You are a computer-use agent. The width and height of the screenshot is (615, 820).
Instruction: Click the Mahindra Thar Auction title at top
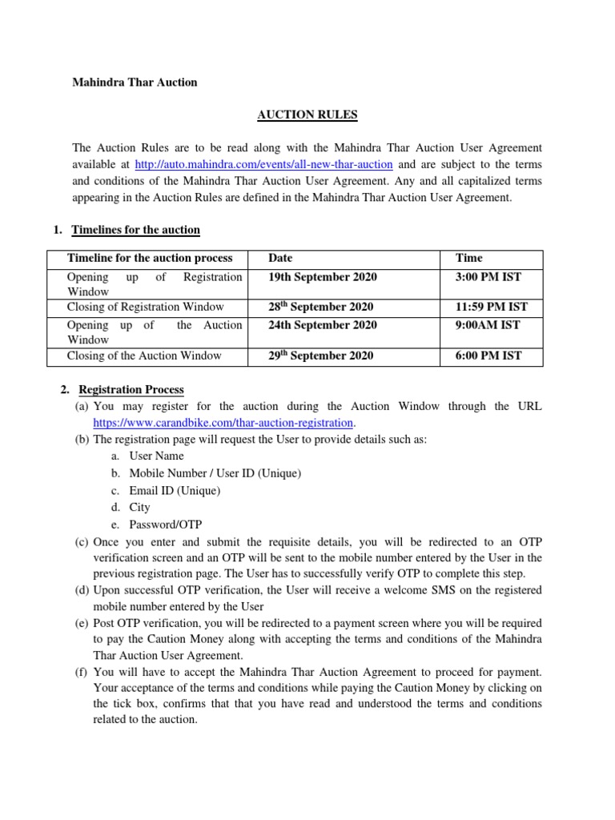[x=135, y=82]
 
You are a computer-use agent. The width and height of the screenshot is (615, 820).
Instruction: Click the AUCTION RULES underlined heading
[x=307, y=115]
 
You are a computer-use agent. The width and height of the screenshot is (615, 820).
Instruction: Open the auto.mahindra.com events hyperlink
[x=263, y=165]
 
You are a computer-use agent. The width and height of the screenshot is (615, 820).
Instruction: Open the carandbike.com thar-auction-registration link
[x=223, y=422]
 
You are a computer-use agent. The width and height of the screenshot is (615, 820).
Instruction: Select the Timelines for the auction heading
[x=135, y=231]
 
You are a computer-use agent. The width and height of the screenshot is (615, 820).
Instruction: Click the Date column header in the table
[x=280, y=259]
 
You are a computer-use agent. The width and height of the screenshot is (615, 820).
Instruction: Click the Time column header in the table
[x=468, y=259]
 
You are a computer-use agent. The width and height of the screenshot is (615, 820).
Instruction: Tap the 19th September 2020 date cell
[x=322, y=277]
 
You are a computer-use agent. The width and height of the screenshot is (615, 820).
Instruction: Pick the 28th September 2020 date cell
[x=320, y=307]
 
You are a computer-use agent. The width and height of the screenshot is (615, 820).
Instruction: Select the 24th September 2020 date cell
[x=322, y=325]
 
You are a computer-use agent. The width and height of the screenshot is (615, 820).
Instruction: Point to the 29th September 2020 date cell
[x=320, y=356]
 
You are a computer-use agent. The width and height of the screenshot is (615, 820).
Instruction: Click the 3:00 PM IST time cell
[x=488, y=277]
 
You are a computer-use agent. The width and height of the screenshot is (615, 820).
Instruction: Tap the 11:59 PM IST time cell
[x=491, y=307]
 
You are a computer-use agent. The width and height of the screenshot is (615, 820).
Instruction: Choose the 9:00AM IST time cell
[x=488, y=325]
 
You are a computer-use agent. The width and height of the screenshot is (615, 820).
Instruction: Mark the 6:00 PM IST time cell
[x=488, y=356]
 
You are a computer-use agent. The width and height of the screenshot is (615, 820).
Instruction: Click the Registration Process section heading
[x=131, y=390]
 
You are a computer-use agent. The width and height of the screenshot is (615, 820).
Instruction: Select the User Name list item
[x=156, y=456]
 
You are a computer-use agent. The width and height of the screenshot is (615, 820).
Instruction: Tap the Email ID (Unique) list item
[x=174, y=491]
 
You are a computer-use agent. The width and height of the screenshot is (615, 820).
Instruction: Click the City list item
[x=139, y=508]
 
